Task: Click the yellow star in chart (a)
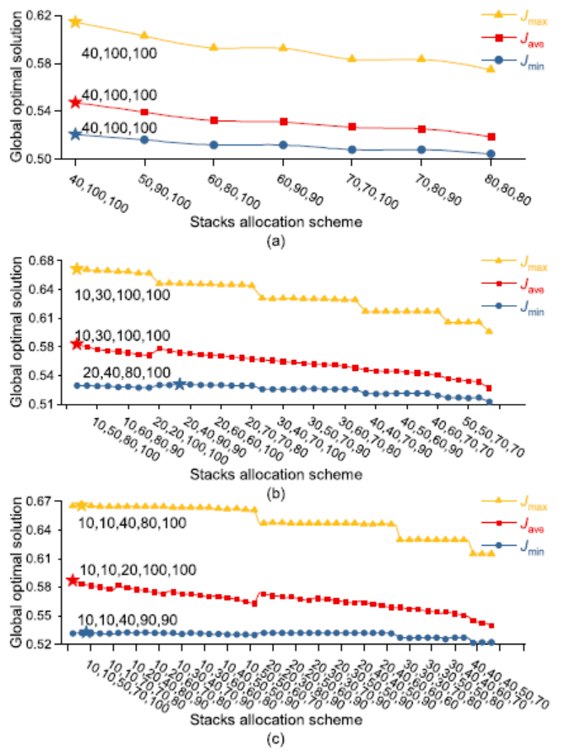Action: [x=75, y=22]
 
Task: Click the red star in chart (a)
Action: [x=75, y=102]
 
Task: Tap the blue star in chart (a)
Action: [x=75, y=134]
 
